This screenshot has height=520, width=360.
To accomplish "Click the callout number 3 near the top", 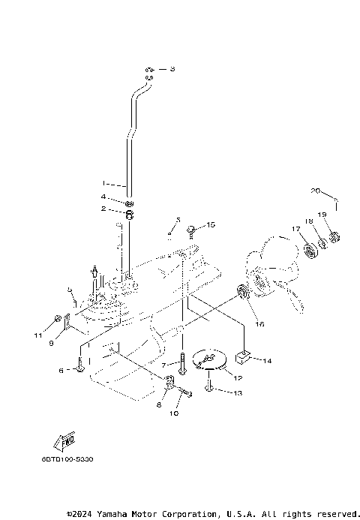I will [x=171, y=69].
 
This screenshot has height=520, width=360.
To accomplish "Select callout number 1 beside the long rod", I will [x=105, y=182].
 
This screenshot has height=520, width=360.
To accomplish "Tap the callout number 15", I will [x=211, y=224].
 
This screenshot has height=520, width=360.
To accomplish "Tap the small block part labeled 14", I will [x=244, y=359].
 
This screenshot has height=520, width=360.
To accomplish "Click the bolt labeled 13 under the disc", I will [x=209, y=387].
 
